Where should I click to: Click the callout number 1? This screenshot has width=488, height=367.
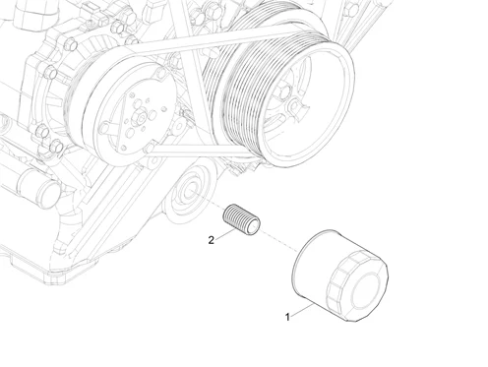pyautogui.click(x=287, y=317)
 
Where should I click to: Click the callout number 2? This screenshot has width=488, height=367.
pyautogui.click(x=212, y=240)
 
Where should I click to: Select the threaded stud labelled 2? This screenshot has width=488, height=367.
pyautogui.click(x=241, y=219)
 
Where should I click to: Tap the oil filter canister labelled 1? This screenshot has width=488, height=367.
pyautogui.click(x=340, y=275)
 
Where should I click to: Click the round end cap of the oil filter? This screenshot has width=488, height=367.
pyautogui.click(x=365, y=291)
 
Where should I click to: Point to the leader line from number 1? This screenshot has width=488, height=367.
pyautogui.click(x=301, y=311)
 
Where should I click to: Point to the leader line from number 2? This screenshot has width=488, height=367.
pyautogui.click(x=225, y=234)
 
